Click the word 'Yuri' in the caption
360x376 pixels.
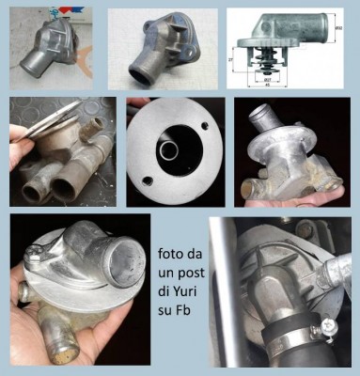click(183, 286)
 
